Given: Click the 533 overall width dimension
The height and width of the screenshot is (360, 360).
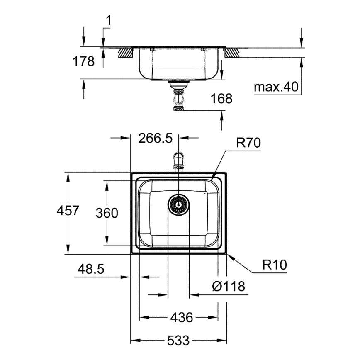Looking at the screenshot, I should point(179,341).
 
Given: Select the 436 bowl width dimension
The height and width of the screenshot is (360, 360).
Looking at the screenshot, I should point(181,318).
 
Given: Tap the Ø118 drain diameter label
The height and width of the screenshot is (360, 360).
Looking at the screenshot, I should point(228,286).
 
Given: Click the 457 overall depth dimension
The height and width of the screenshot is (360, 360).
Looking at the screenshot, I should point(68,211).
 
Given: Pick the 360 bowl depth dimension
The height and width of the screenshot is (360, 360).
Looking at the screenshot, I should point(107,213).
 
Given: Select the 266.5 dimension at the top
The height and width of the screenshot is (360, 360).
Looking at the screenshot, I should point(155,138).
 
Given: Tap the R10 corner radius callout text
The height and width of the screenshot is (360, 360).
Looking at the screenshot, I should point(274,264).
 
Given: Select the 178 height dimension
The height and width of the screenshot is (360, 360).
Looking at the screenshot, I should point(84,61).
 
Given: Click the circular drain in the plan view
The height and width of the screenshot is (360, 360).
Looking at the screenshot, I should point(179,203).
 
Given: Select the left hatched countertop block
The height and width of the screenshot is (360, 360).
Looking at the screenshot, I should point(125,52).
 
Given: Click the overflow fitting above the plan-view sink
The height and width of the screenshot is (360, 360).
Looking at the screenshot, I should point(179,161).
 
